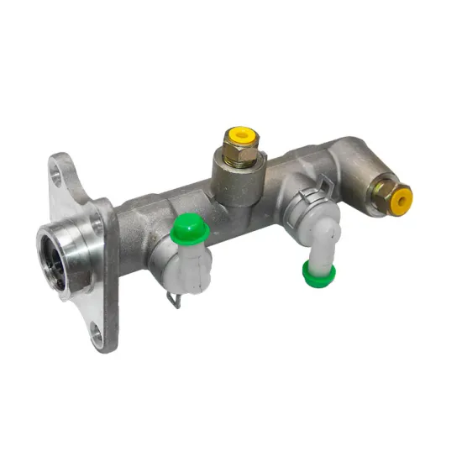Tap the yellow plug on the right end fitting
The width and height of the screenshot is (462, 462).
point(402,199)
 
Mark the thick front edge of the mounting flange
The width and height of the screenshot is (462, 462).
point(108,277)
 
